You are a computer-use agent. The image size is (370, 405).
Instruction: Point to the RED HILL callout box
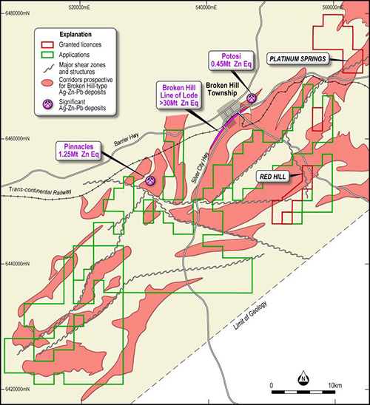[x=275, y=177]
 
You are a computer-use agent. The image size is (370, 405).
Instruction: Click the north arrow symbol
[x=303, y=381]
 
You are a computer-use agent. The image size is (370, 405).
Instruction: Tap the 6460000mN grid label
[x=18, y=138]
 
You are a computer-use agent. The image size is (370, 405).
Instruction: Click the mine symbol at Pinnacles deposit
[x=150, y=180]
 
